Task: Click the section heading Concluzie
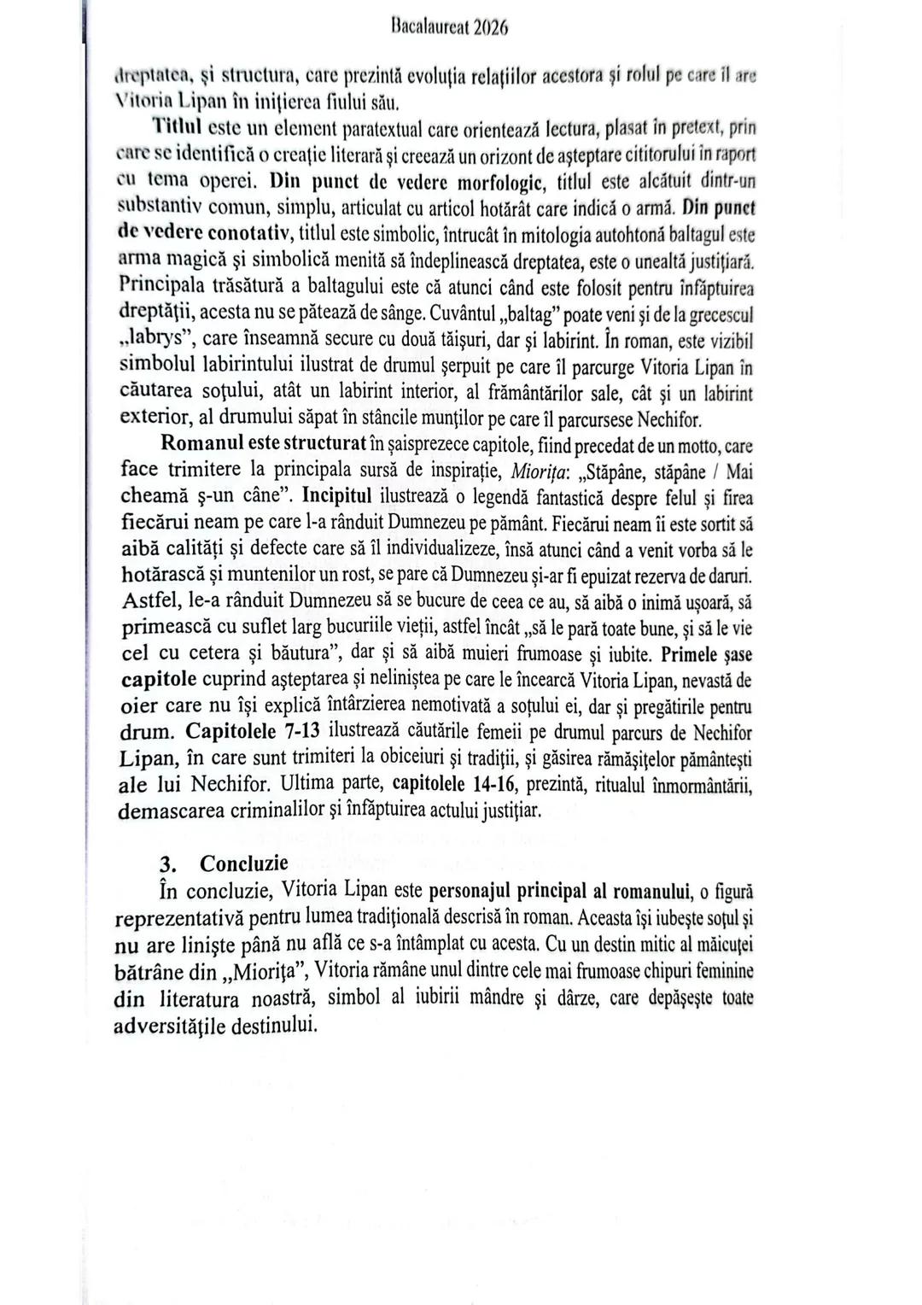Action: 244,863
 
